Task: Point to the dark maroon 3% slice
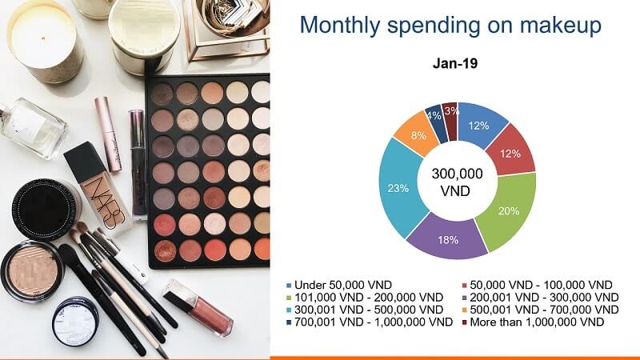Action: click(450, 114)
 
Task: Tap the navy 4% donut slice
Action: click(435, 118)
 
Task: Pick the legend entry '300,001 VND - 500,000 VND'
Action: click(364, 310)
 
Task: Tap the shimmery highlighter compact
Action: click(32, 272)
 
